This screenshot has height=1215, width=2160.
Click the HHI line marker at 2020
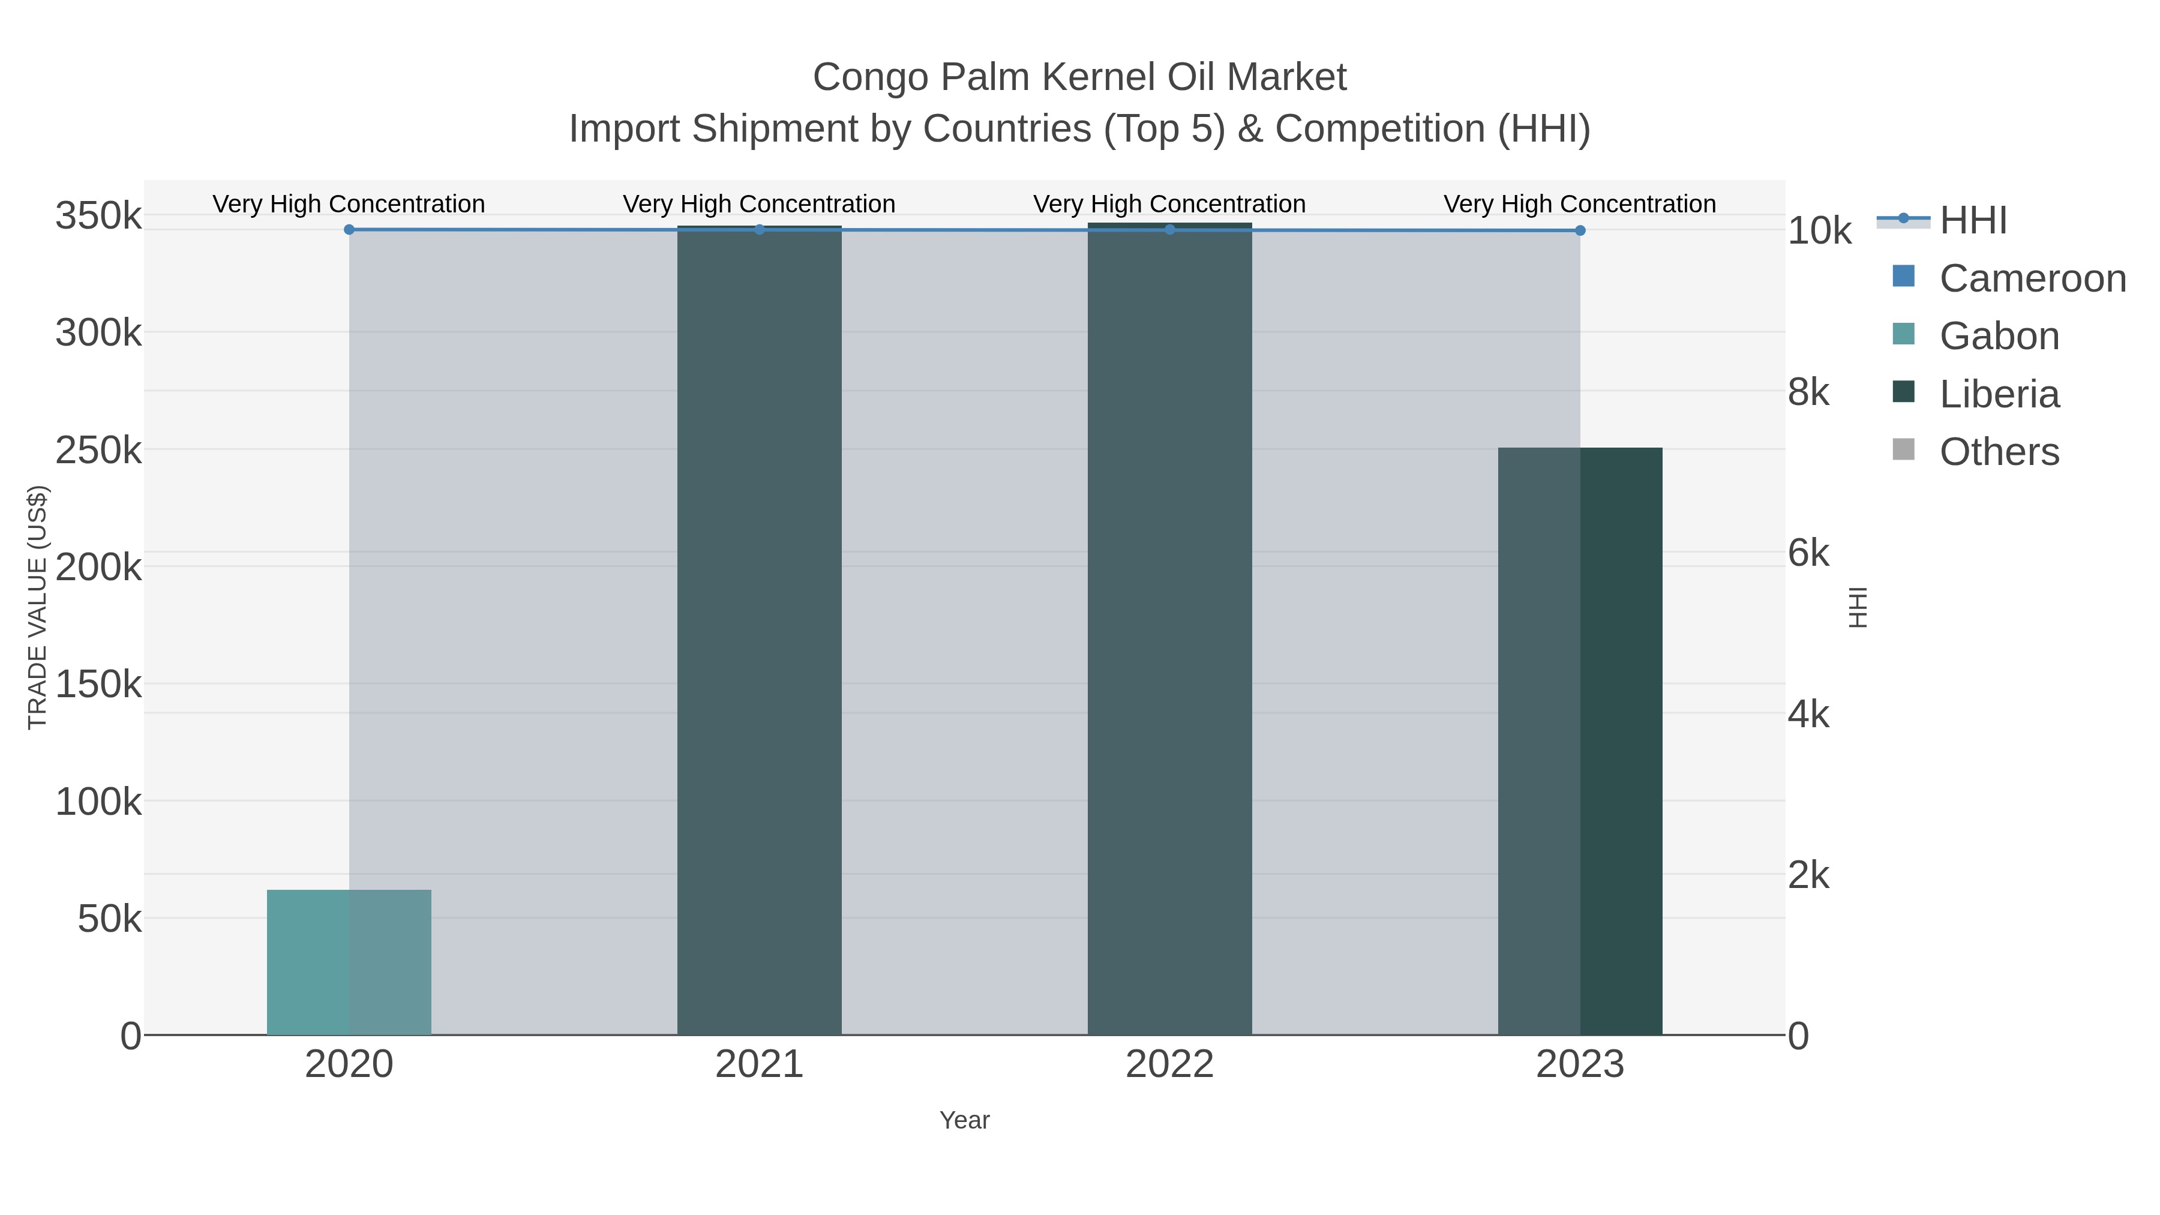point(349,230)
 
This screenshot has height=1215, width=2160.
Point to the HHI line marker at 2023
point(1580,230)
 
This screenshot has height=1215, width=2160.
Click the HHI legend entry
point(1973,221)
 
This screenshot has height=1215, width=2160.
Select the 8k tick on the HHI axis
point(1808,392)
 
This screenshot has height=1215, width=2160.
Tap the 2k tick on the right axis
point(1808,875)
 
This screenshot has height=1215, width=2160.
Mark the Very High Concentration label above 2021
point(759,204)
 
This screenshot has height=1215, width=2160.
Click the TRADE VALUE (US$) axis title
point(38,607)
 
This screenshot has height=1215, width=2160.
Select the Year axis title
point(964,1120)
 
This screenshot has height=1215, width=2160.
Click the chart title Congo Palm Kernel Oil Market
point(1079,77)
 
